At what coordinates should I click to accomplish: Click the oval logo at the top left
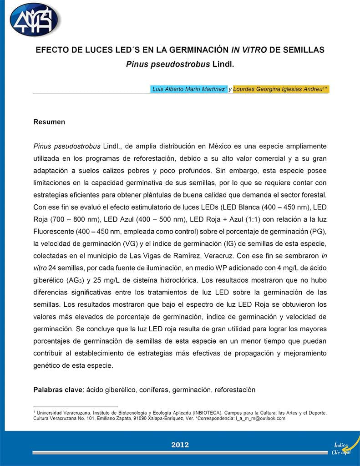tap(34, 19)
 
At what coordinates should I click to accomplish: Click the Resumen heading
tap(49, 122)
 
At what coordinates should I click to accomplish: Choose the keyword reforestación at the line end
tap(235, 390)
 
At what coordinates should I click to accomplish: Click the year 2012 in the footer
tap(180, 445)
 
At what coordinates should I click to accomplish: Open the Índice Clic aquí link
tap(342, 449)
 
